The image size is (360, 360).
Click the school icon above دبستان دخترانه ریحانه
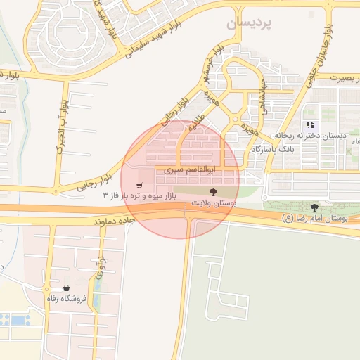point(309,125)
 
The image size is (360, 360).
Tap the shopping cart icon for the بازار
point(139,185)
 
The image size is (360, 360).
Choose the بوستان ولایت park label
point(212,202)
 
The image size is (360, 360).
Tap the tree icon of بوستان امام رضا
point(314,207)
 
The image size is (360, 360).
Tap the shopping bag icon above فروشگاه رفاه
point(66,288)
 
